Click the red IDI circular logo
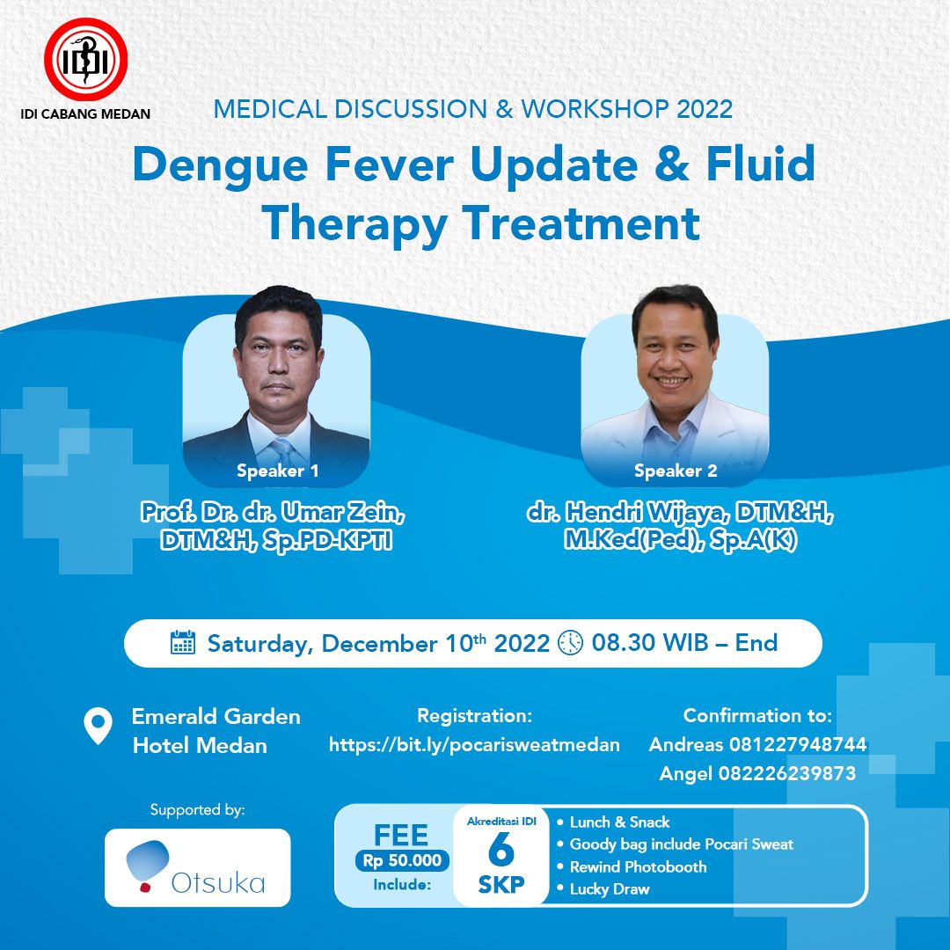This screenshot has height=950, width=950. click(x=85, y=60)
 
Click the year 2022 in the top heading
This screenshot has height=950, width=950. click(x=705, y=109)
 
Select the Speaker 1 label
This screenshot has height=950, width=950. click(x=277, y=471)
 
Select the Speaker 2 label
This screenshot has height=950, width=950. click(x=676, y=471)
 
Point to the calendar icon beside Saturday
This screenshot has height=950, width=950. click(x=183, y=643)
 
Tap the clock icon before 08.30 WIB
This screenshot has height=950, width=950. click(x=570, y=643)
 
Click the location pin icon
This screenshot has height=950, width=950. click(x=99, y=726)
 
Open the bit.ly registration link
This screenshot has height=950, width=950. click(x=474, y=745)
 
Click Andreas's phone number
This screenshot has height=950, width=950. click(x=797, y=744)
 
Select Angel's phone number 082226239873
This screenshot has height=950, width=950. click(x=787, y=773)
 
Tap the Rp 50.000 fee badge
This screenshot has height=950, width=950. click(x=402, y=860)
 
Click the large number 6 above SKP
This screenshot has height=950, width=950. click(x=501, y=850)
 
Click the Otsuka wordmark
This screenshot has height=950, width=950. click(x=218, y=883)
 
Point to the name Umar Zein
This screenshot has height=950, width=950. click(x=343, y=513)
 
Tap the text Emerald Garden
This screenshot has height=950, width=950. click(x=216, y=716)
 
